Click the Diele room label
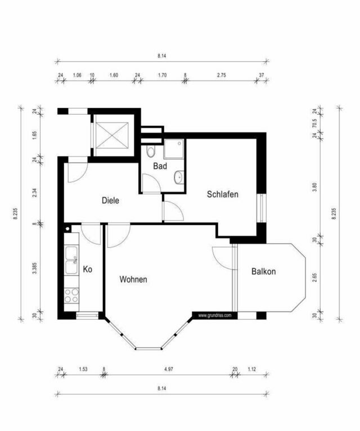tap(110, 200)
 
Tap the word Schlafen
tap(223, 194)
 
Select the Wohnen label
tap(133, 279)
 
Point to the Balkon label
tap(263, 271)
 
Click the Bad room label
tap(160, 167)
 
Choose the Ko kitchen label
tap(87, 270)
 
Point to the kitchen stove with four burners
tap(71, 295)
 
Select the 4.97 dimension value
tap(168, 369)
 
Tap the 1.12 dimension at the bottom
tap(251, 369)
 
